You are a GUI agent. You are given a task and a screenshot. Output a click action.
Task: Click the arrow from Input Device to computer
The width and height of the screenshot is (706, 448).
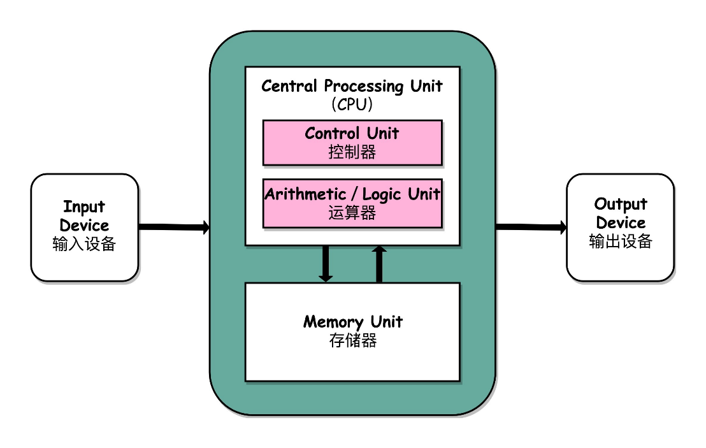(174, 226)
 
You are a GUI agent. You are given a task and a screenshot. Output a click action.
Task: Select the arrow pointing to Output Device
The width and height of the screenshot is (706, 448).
(531, 226)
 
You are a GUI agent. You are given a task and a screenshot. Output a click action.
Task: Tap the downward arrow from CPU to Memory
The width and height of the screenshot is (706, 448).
(325, 263)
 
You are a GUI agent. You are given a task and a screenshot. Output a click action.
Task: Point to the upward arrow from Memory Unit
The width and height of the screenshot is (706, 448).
(379, 264)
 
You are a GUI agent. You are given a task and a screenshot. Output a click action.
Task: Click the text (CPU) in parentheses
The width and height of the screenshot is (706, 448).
(352, 104)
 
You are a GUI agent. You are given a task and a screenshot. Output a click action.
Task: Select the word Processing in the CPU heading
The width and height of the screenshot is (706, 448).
(364, 86)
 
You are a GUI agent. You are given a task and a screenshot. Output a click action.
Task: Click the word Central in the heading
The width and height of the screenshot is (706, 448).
(289, 85)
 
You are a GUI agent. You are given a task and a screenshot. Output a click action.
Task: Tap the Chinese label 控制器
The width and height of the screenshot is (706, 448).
(352, 152)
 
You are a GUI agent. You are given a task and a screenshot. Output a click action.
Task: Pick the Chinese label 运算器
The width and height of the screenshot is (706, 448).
(352, 212)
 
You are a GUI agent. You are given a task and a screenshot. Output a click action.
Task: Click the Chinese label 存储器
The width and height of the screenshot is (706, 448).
(353, 340)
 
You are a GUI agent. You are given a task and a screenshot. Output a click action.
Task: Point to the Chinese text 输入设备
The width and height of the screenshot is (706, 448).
(84, 243)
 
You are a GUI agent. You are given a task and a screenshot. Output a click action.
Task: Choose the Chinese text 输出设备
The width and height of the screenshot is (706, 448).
(621, 242)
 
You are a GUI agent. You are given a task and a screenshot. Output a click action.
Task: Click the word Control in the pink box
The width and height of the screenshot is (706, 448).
(332, 133)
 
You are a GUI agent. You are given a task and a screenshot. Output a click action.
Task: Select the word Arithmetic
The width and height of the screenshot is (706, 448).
(305, 194)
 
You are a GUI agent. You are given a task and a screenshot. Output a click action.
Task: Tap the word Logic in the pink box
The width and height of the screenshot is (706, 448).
(382, 194)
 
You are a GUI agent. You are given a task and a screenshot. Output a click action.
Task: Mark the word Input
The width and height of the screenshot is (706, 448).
(84, 206)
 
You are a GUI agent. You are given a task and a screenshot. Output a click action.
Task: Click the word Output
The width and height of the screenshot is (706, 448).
(621, 205)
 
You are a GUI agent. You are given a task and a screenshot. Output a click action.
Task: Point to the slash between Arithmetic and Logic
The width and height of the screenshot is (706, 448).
(354, 194)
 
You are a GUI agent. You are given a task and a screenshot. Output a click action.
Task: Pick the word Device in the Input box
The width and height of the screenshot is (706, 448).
(84, 225)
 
